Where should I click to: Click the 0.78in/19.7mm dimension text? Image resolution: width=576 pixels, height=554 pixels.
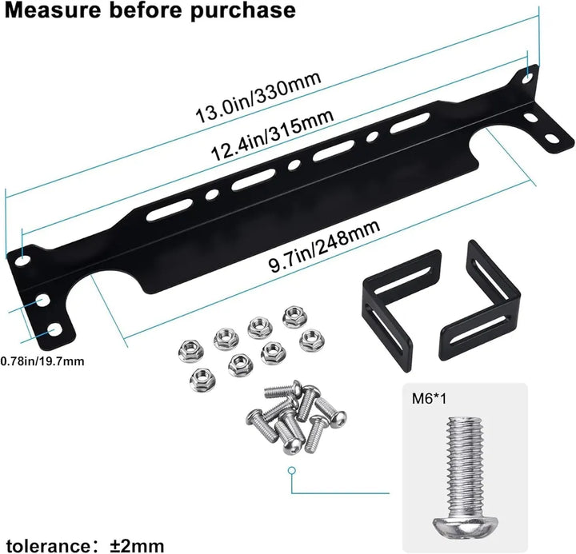[42, 361]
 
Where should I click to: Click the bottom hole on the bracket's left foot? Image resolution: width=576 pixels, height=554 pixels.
[54, 329]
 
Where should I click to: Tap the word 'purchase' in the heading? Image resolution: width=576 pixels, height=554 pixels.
[238, 12]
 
